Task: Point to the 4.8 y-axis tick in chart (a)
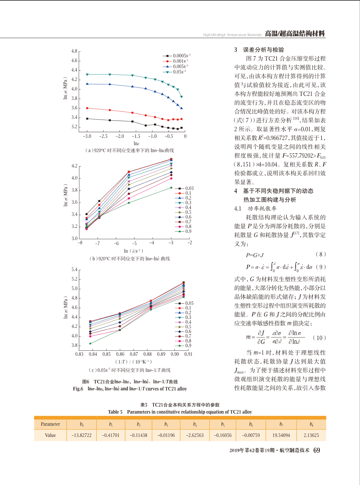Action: [74, 51]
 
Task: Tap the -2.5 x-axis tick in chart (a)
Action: [103, 136]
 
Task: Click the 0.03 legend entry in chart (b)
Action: [184, 188]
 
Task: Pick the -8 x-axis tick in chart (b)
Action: [80, 243]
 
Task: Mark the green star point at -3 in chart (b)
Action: [172, 188]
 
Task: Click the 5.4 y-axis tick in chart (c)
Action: [74, 270]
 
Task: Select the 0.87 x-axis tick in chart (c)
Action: [134, 354]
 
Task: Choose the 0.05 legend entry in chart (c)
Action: [184, 303]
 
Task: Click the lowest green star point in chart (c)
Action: [90, 343]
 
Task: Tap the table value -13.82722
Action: [82, 435]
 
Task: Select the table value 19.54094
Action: [281, 435]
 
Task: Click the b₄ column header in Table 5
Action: [195, 424]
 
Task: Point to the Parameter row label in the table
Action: [50, 424]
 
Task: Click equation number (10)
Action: [319, 338]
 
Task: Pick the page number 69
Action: [317, 450]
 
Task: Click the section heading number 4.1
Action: [238, 209]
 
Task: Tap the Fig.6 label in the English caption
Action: [78, 389]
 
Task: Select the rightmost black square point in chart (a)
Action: [181, 128]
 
